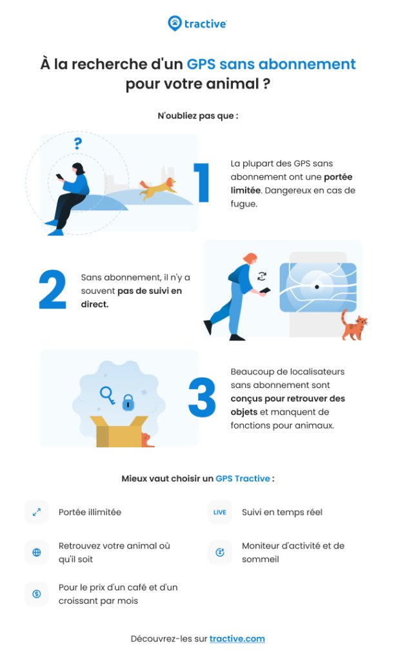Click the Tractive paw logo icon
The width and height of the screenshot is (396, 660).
point(174,23)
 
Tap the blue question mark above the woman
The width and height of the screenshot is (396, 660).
point(77,144)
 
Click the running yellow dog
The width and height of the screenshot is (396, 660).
point(158,188)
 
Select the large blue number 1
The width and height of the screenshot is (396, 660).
point(202,182)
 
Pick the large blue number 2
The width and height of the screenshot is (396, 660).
point(52,289)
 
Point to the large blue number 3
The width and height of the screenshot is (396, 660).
point(202,397)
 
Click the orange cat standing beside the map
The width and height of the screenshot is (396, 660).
point(353,325)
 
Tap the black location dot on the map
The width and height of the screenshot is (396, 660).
point(317,287)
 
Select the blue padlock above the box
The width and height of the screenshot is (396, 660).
point(128,403)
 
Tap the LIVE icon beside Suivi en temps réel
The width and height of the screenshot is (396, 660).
point(219,512)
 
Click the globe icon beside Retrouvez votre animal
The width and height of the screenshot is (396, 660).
point(37,552)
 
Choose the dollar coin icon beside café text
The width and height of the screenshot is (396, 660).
point(37,594)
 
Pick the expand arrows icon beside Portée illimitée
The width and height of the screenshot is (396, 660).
point(37,512)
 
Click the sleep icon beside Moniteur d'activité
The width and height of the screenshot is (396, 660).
point(220,552)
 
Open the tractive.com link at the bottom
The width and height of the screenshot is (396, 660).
point(237,639)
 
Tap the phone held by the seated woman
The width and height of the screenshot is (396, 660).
point(60,177)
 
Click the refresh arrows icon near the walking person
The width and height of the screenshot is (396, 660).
point(262,276)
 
